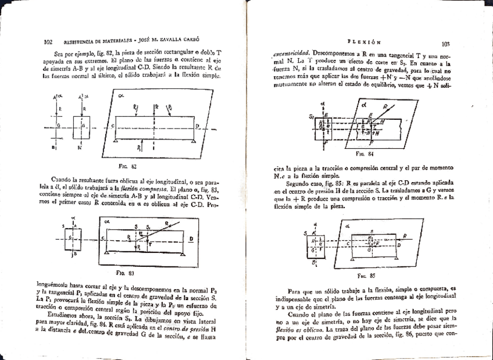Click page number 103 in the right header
(x=446, y=43)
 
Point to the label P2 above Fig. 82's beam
(x=170, y=107)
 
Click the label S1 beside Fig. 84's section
(x=313, y=117)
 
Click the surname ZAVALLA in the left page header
(x=170, y=42)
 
